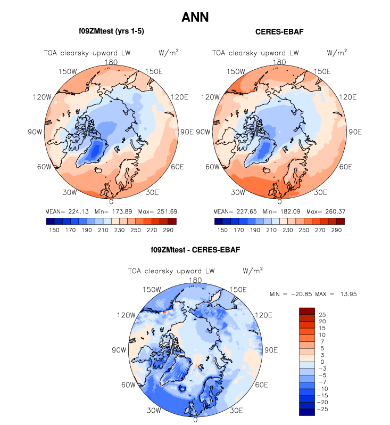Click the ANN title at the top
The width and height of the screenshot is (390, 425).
pos(195,17)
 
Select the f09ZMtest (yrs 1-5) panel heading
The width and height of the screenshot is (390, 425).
pos(111,31)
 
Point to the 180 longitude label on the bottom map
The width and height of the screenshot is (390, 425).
pos(195,280)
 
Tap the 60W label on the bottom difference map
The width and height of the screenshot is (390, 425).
pos(129,385)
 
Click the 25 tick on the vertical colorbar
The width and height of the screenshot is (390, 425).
pos(323,314)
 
